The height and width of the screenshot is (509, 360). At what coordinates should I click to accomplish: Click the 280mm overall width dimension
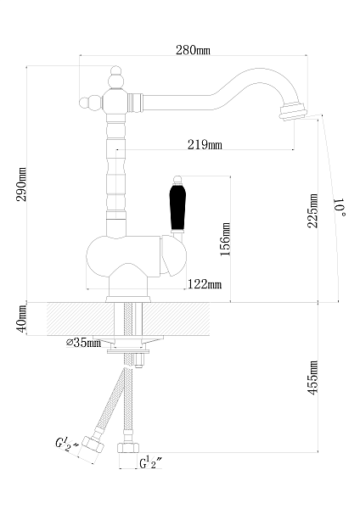click(193, 50)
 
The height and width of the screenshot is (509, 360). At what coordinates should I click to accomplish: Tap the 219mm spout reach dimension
click(205, 144)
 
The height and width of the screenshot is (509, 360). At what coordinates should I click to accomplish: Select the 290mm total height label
click(21, 184)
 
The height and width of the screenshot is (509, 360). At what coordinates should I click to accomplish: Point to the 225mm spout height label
click(312, 210)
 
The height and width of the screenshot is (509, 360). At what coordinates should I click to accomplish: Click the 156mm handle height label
click(225, 239)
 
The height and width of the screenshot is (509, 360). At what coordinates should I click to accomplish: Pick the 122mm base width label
click(205, 284)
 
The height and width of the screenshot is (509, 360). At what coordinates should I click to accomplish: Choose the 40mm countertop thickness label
click(21, 319)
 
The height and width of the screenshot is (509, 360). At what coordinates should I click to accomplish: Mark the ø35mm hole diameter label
click(83, 342)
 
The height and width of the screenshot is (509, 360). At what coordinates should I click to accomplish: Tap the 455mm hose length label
click(312, 378)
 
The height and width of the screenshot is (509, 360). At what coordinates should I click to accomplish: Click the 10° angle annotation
click(340, 207)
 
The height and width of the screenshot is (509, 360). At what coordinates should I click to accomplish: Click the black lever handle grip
click(177, 207)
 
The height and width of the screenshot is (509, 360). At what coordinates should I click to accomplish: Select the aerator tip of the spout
click(293, 111)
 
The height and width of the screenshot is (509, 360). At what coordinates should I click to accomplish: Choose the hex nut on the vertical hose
click(127, 448)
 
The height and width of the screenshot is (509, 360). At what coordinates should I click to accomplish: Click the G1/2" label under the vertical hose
click(151, 462)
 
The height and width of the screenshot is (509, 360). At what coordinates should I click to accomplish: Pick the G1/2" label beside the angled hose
click(67, 444)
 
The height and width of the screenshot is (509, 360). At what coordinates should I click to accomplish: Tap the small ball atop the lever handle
click(177, 180)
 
